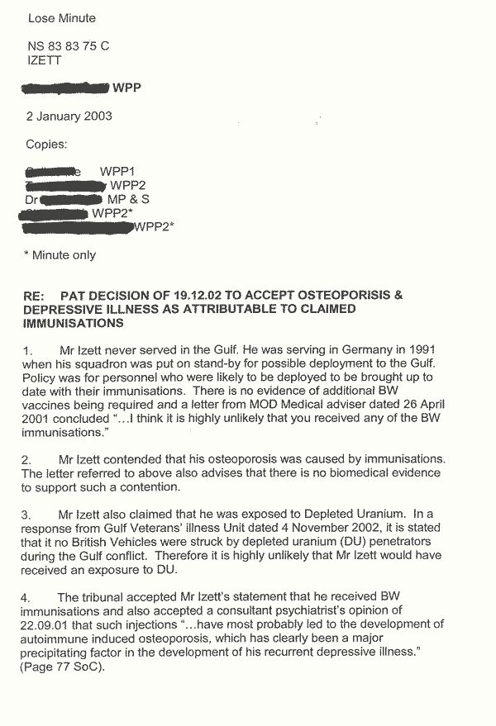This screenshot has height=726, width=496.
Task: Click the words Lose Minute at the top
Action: tap(60, 18)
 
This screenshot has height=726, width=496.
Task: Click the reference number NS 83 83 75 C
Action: tap(69, 46)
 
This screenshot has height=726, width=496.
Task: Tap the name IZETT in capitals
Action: tap(45, 59)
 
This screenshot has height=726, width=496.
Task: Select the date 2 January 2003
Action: tap(69, 116)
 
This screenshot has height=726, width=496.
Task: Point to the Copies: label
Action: tap(47, 145)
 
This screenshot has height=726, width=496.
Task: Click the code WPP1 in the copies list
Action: tap(117, 171)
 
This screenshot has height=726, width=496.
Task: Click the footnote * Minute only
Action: tap(60, 255)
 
